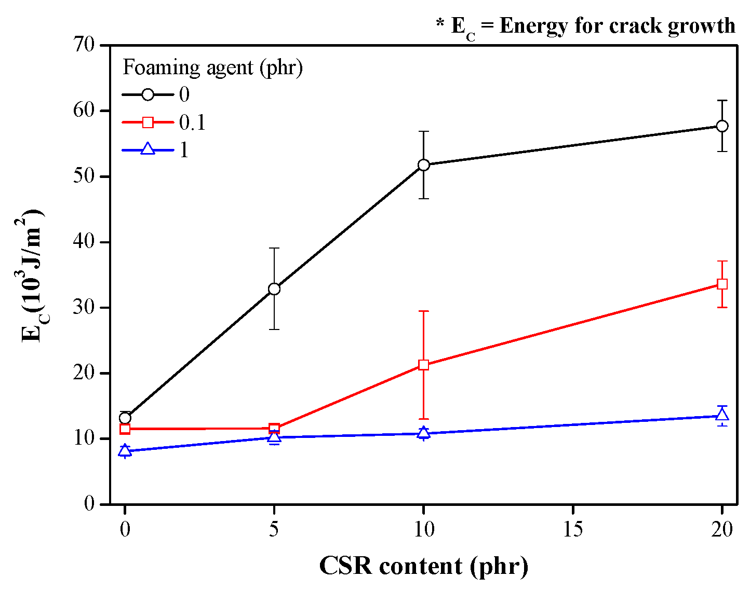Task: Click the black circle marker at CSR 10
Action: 423,164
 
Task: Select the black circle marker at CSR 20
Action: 722,126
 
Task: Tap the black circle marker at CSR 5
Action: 274,288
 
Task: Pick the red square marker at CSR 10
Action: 423,365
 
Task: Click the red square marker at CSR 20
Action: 722,284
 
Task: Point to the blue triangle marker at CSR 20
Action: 722,414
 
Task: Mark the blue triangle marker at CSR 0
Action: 125,450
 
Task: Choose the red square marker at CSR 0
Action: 125,429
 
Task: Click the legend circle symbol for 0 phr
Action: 148,94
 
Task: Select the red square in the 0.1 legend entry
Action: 148,122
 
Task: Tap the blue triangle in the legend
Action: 148,149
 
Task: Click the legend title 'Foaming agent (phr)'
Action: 213,67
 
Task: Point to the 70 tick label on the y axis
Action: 84,45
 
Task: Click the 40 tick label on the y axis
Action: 84,242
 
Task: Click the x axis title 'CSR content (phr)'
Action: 424,566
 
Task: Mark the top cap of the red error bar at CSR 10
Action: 423,311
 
